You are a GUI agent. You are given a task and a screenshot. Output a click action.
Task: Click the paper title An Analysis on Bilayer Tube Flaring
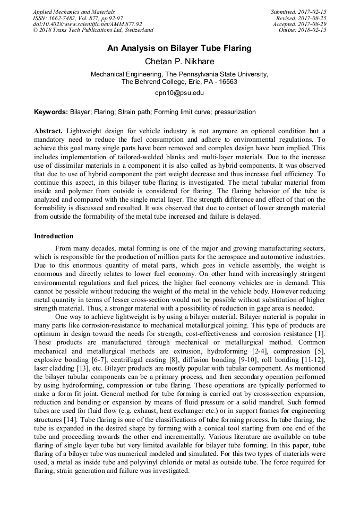tap(179, 48)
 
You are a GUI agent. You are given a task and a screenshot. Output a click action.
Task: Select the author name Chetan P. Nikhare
tap(179, 61)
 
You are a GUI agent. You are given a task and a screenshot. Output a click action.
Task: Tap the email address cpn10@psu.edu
tap(179, 93)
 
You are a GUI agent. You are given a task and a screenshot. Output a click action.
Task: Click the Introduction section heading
tap(54, 236)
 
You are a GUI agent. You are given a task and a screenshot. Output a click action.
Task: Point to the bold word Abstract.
tap(48, 131)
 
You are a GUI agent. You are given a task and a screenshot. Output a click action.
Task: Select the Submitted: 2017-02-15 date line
tap(298, 12)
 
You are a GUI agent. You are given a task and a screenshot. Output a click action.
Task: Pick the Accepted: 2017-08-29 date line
tap(299, 24)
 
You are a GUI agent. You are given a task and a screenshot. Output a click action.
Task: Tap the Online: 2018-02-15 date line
tap(303, 31)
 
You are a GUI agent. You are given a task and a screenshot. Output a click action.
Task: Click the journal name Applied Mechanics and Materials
tap(74, 12)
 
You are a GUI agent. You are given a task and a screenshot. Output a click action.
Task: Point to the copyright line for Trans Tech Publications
tap(93, 31)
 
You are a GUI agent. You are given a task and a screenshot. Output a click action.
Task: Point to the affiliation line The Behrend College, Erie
tap(179, 82)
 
